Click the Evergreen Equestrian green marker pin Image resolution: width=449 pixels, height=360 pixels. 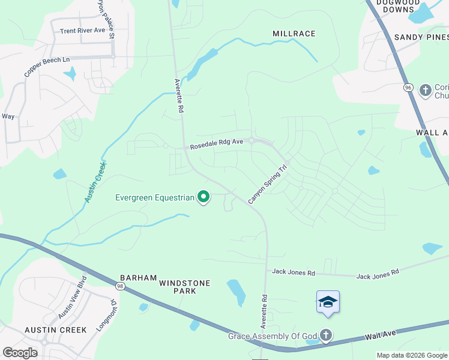203,197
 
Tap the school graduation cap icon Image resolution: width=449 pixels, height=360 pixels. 328,302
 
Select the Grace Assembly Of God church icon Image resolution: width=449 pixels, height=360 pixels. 325,335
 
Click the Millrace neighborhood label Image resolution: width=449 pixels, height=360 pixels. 294,34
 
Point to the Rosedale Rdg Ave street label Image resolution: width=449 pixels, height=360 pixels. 217,145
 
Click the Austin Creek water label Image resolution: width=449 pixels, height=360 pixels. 95,182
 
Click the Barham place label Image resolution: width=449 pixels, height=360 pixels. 138,278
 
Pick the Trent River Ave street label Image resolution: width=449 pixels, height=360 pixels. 82,31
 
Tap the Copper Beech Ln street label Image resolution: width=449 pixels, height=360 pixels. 47,67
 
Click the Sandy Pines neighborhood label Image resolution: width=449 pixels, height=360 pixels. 421,37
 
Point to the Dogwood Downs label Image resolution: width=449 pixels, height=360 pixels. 396,6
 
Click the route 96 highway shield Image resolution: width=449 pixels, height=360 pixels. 409,88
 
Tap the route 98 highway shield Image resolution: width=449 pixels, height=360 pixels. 121,286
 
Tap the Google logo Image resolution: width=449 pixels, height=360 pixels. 20,353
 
